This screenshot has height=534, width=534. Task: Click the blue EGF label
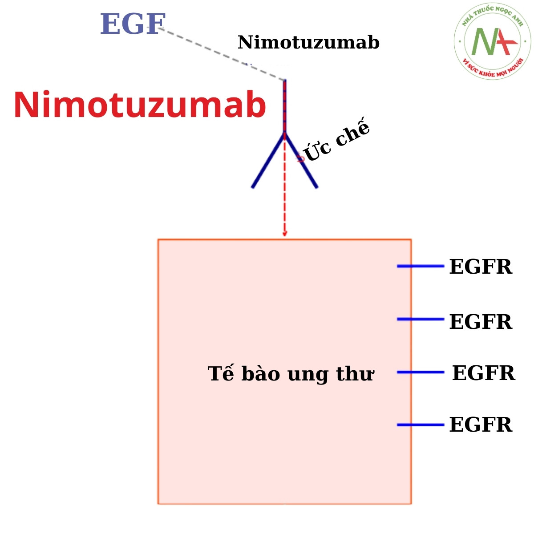(x=133, y=24)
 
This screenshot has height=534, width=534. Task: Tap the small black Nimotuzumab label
(x=308, y=43)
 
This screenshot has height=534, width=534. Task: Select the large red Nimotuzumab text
(x=140, y=105)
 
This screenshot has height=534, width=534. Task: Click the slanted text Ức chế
(x=337, y=141)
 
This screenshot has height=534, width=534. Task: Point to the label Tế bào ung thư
(x=291, y=374)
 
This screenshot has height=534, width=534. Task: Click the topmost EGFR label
(x=481, y=267)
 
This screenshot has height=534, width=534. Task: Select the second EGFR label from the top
(x=481, y=322)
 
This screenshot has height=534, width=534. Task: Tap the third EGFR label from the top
(x=483, y=373)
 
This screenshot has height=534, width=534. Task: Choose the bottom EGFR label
(x=481, y=425)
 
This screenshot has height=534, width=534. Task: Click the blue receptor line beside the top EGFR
(x=420, y=266)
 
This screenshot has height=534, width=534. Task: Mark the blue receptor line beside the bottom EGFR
(x=420, y=425)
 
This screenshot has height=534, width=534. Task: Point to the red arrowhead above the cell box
(x=285, y=233)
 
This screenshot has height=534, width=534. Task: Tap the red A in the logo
(x=505, y=42)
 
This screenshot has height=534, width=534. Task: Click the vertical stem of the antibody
(x=285, y=107)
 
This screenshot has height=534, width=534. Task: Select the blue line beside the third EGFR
(x=420, y=372)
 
